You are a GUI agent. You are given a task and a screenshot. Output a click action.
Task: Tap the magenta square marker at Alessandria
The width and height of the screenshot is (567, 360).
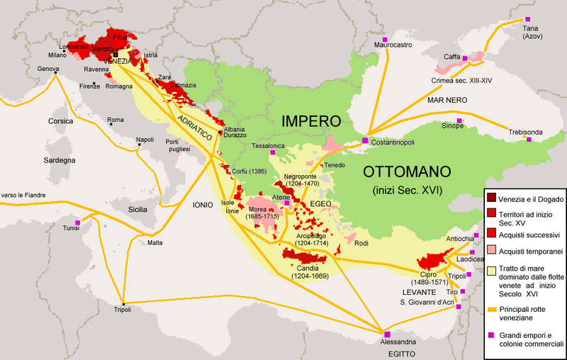pos(387,334)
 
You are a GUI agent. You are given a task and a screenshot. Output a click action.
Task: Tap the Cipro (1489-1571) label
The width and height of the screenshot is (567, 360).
pos(433,277)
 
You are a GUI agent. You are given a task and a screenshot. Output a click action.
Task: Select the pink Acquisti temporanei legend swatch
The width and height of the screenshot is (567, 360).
pos(490,252)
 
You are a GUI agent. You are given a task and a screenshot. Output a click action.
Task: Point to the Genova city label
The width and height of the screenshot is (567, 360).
pos(48,69)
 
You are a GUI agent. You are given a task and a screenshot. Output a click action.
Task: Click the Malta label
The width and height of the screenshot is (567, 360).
pos(155,242)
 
